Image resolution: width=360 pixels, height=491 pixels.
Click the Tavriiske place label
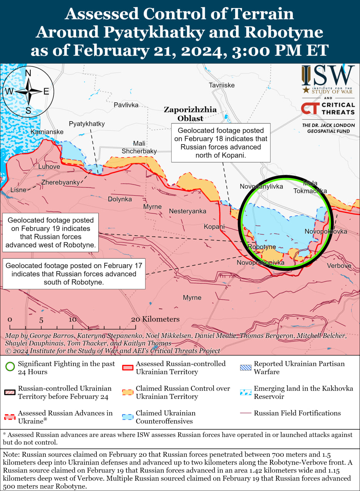coord(221,85)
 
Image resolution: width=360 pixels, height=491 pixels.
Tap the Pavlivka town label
coord(126,105)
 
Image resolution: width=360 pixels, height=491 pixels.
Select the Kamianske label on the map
coord(47,132)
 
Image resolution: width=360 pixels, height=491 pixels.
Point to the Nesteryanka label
coord(187,211)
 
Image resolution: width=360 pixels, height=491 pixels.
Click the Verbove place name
coord(339,265)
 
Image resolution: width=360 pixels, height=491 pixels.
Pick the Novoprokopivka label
coord(260,263)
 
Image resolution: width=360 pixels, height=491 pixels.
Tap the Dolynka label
coord(119,199)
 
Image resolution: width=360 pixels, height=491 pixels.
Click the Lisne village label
coord(18,190)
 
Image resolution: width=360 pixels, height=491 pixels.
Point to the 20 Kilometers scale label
coord(155,319)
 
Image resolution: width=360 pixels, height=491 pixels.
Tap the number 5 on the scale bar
coord(41,320)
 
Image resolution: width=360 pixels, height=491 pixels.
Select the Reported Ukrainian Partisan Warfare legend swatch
coord(245,367)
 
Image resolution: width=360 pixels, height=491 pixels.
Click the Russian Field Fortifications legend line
coord(245,413)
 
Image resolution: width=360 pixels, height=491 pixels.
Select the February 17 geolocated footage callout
coord(74,274)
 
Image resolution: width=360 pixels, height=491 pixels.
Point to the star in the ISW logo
coord(306,90)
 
